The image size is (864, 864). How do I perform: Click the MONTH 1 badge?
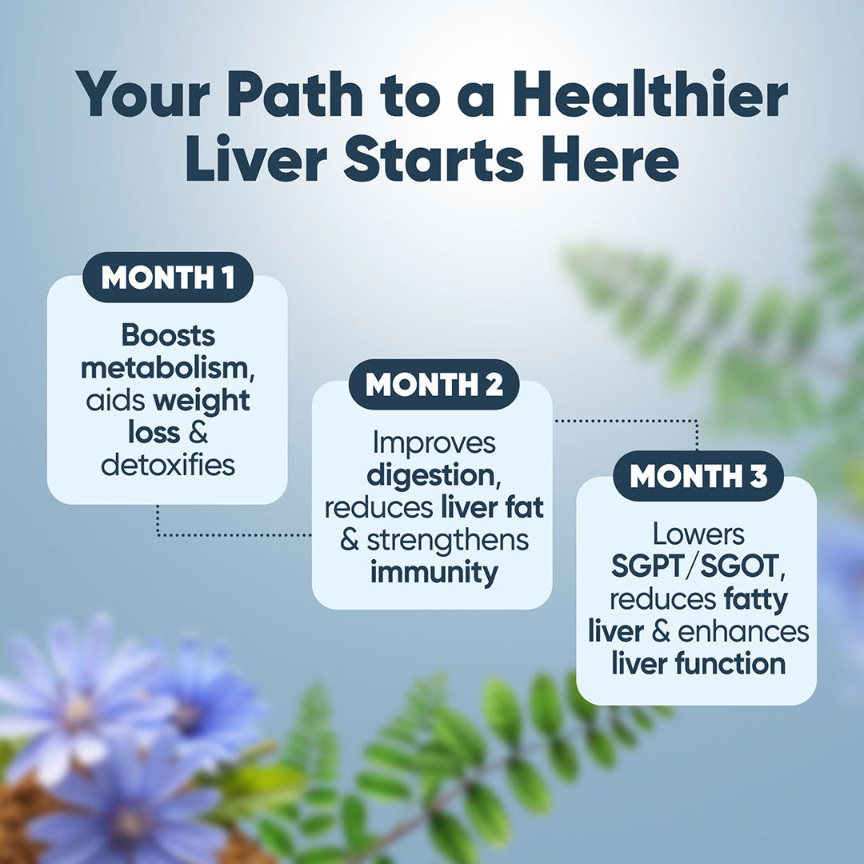tap(167, 278)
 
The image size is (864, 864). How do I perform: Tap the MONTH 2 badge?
tap(434, 385)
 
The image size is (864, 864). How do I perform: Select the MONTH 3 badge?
tap(698, 477)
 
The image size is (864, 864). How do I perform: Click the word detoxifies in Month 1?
tap(167, 465)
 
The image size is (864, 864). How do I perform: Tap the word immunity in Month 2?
tap(433, 572)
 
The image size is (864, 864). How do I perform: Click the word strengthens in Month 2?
tap(447, 540)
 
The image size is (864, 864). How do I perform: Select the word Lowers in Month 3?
tap(698, 534)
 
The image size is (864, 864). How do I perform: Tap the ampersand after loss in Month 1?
tap(198, 433)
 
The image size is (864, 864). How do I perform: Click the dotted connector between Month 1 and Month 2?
tap(232, 534)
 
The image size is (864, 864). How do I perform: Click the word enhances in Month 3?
tap(743, 631)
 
